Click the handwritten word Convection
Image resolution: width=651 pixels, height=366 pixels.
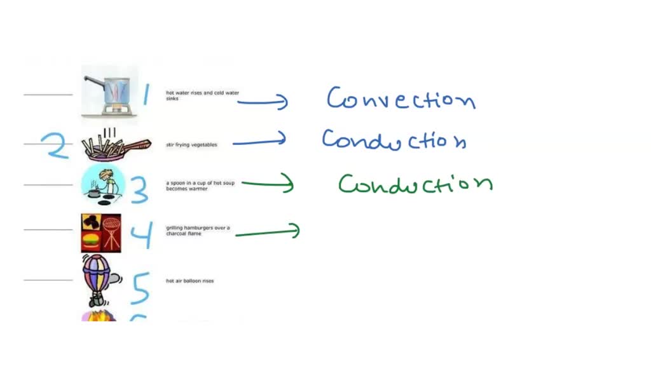401,100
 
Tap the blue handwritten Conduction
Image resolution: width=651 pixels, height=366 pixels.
394,140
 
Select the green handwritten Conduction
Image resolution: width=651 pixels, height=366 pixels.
415,184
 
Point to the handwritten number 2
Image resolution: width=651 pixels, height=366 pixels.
57,146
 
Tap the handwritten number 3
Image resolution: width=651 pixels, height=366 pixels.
139,189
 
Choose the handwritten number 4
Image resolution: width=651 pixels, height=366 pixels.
141,234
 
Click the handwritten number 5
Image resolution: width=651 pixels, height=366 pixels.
140,287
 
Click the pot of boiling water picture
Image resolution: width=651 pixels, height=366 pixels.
109,92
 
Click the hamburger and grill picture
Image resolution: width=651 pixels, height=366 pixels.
101,233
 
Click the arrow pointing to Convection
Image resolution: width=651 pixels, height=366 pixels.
262,101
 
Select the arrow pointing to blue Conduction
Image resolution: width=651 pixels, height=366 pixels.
259,141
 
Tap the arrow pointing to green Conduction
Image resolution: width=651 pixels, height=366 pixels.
267,185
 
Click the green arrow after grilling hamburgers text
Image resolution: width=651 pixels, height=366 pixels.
267,232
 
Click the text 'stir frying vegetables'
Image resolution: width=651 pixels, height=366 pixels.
191,145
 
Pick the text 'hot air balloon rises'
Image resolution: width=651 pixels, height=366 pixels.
189,281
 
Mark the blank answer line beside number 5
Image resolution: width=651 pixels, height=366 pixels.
48,280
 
